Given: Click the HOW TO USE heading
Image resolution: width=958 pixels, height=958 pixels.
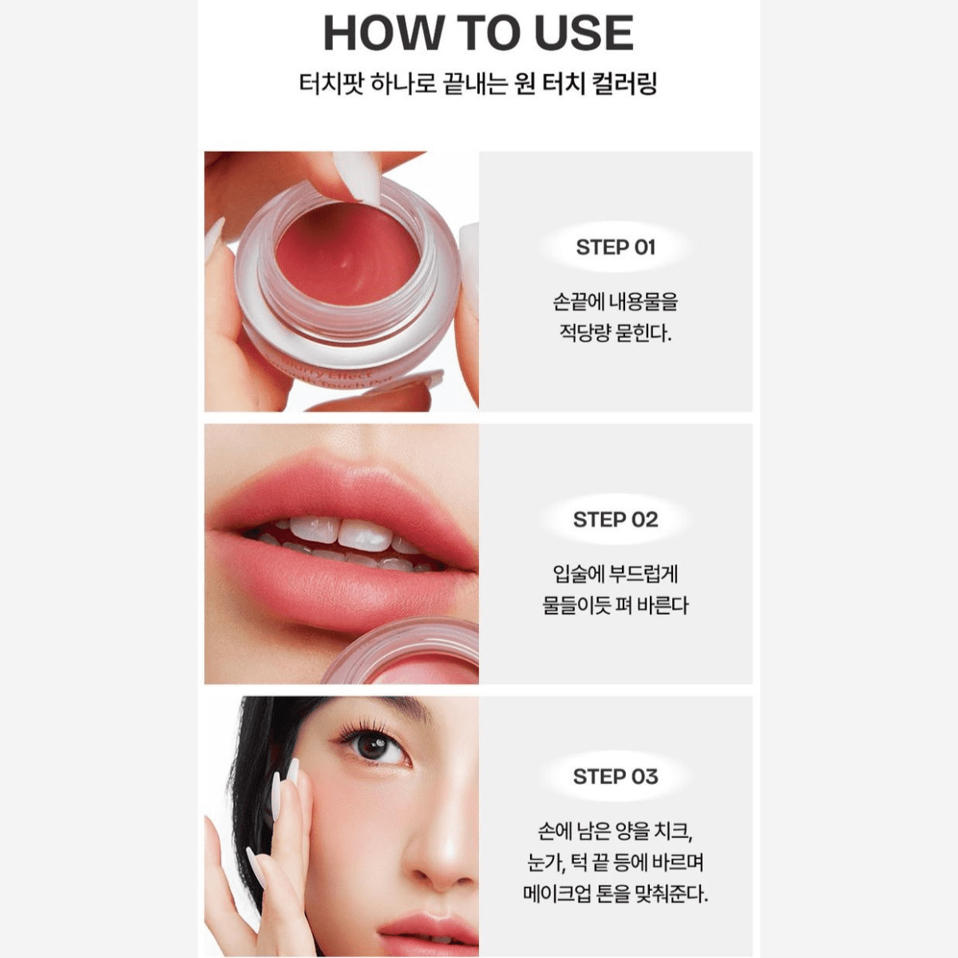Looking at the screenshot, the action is pos(478,33).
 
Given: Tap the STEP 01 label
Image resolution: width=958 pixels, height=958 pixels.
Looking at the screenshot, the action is pos(616,247).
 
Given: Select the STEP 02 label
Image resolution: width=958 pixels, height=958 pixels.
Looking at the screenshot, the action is pos(616,520).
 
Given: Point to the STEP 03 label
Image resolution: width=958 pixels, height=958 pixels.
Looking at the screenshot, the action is pos(616,777).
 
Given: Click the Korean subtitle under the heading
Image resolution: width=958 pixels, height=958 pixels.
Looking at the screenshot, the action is pos(478,84).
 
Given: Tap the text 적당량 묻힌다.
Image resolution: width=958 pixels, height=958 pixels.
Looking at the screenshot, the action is pos(616,333).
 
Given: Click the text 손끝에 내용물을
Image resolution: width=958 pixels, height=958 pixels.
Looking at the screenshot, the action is pos(616,302).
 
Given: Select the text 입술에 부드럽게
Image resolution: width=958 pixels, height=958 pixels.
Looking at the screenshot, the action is pos(616,574).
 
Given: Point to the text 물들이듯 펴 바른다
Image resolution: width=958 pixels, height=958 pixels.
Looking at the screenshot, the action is pos(616,605).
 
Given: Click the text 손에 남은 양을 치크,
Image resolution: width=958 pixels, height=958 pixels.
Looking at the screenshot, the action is pos(616,831).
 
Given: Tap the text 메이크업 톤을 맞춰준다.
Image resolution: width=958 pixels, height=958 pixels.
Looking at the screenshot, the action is pos(616,893).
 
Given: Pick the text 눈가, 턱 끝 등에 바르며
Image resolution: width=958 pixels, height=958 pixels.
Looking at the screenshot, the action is pos(616,862).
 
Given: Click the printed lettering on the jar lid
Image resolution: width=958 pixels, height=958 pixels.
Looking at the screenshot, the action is pos(343,373).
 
